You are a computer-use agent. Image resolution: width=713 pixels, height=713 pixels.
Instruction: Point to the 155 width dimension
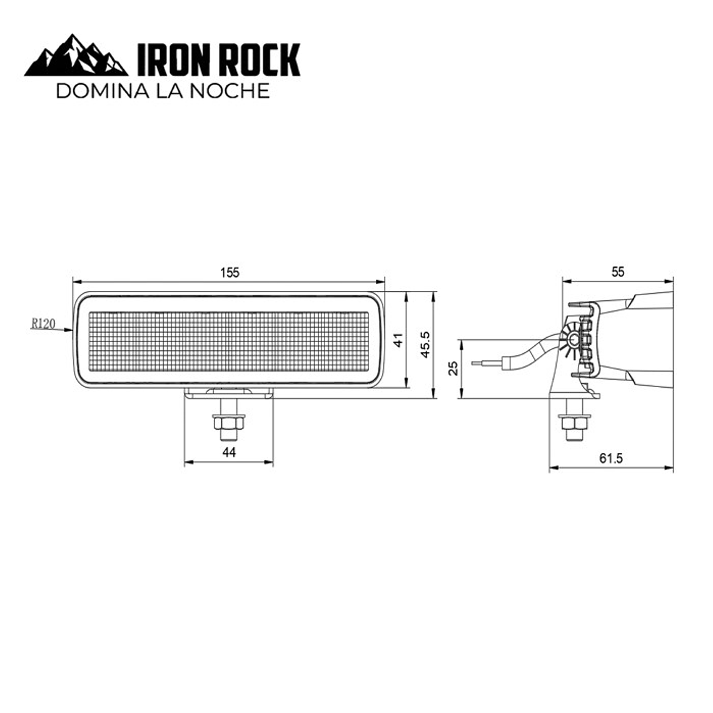tap(230, 273)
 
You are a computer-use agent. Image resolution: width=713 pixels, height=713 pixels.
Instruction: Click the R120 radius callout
tap(43, 323)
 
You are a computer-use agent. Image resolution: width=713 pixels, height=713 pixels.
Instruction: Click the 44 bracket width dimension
tap(230, 452)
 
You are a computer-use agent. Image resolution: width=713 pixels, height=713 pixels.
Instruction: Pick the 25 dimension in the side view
tap(455, 368)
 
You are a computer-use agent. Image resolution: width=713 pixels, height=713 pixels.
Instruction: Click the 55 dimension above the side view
tap(618, 271)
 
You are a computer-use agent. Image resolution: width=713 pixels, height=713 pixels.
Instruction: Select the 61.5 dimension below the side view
tap(611, 458)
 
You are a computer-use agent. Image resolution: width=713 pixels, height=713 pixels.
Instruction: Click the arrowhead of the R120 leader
tap(70, 330)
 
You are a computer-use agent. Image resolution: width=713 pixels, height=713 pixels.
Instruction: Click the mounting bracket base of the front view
tap(230, 392)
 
